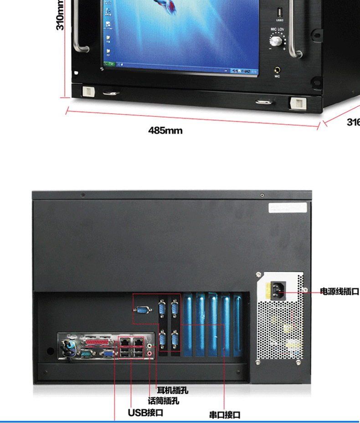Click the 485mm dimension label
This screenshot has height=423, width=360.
[x=165, y=131]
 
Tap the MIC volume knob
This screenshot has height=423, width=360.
[x=276, y=41]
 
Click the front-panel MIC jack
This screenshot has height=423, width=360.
[x=277, y=70]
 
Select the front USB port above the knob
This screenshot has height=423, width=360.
[x=279, y=12]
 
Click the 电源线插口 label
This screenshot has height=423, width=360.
[x=339, y=291]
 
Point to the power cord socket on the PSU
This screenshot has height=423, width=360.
[x=278, y=289]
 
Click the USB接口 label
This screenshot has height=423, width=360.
[x=145, y=413]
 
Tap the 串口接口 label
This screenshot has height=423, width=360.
[x=225, y=415]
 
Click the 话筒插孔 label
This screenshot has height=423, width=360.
[x=164, y=401]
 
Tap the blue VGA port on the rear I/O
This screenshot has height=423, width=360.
[x=108, y=352]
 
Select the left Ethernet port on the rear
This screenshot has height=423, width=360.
[x=124, y=341]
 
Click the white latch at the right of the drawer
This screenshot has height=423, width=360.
[x=297, y=103]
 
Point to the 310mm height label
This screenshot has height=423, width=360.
[x=60, y=15]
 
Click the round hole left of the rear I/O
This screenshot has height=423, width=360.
[x=50, y=351]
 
